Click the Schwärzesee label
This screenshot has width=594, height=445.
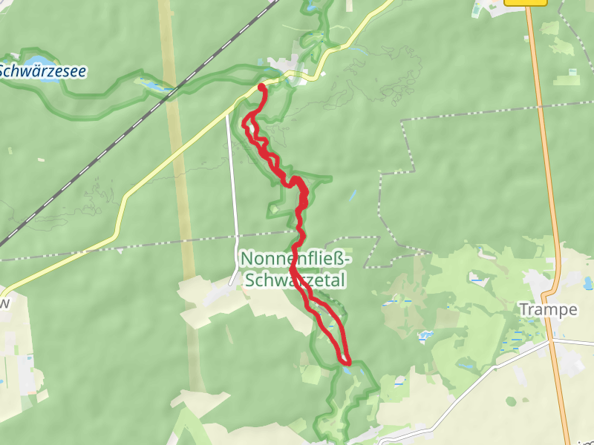tap(42, 71)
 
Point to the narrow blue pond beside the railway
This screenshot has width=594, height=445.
tap(157, 87)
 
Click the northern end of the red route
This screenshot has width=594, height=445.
tap(261, 88)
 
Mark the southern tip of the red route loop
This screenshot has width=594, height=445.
tap(346, 361)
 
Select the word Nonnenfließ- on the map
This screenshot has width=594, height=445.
tap(296, 259)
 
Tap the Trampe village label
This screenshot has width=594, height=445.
tap(548, 309)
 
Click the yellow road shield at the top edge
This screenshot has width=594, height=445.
tap(525, 2)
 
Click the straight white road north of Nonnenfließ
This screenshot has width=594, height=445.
tap(233, 185)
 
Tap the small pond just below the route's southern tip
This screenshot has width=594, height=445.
tap(347, 370)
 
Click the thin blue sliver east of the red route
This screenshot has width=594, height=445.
tap(351, 196)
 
